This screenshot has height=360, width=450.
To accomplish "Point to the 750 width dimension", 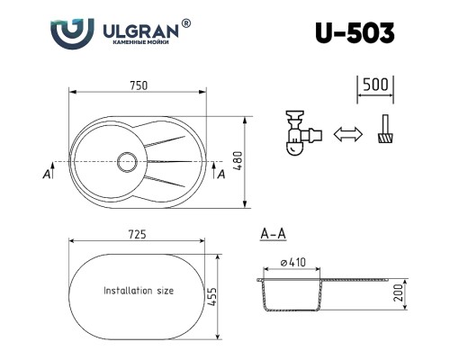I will (138, 85).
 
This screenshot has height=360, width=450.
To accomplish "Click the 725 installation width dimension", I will (138, 234).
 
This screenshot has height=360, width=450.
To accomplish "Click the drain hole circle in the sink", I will (127, 162).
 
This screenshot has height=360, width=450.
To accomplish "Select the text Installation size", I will (139, 292).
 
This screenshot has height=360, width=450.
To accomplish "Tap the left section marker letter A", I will (45, 175).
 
